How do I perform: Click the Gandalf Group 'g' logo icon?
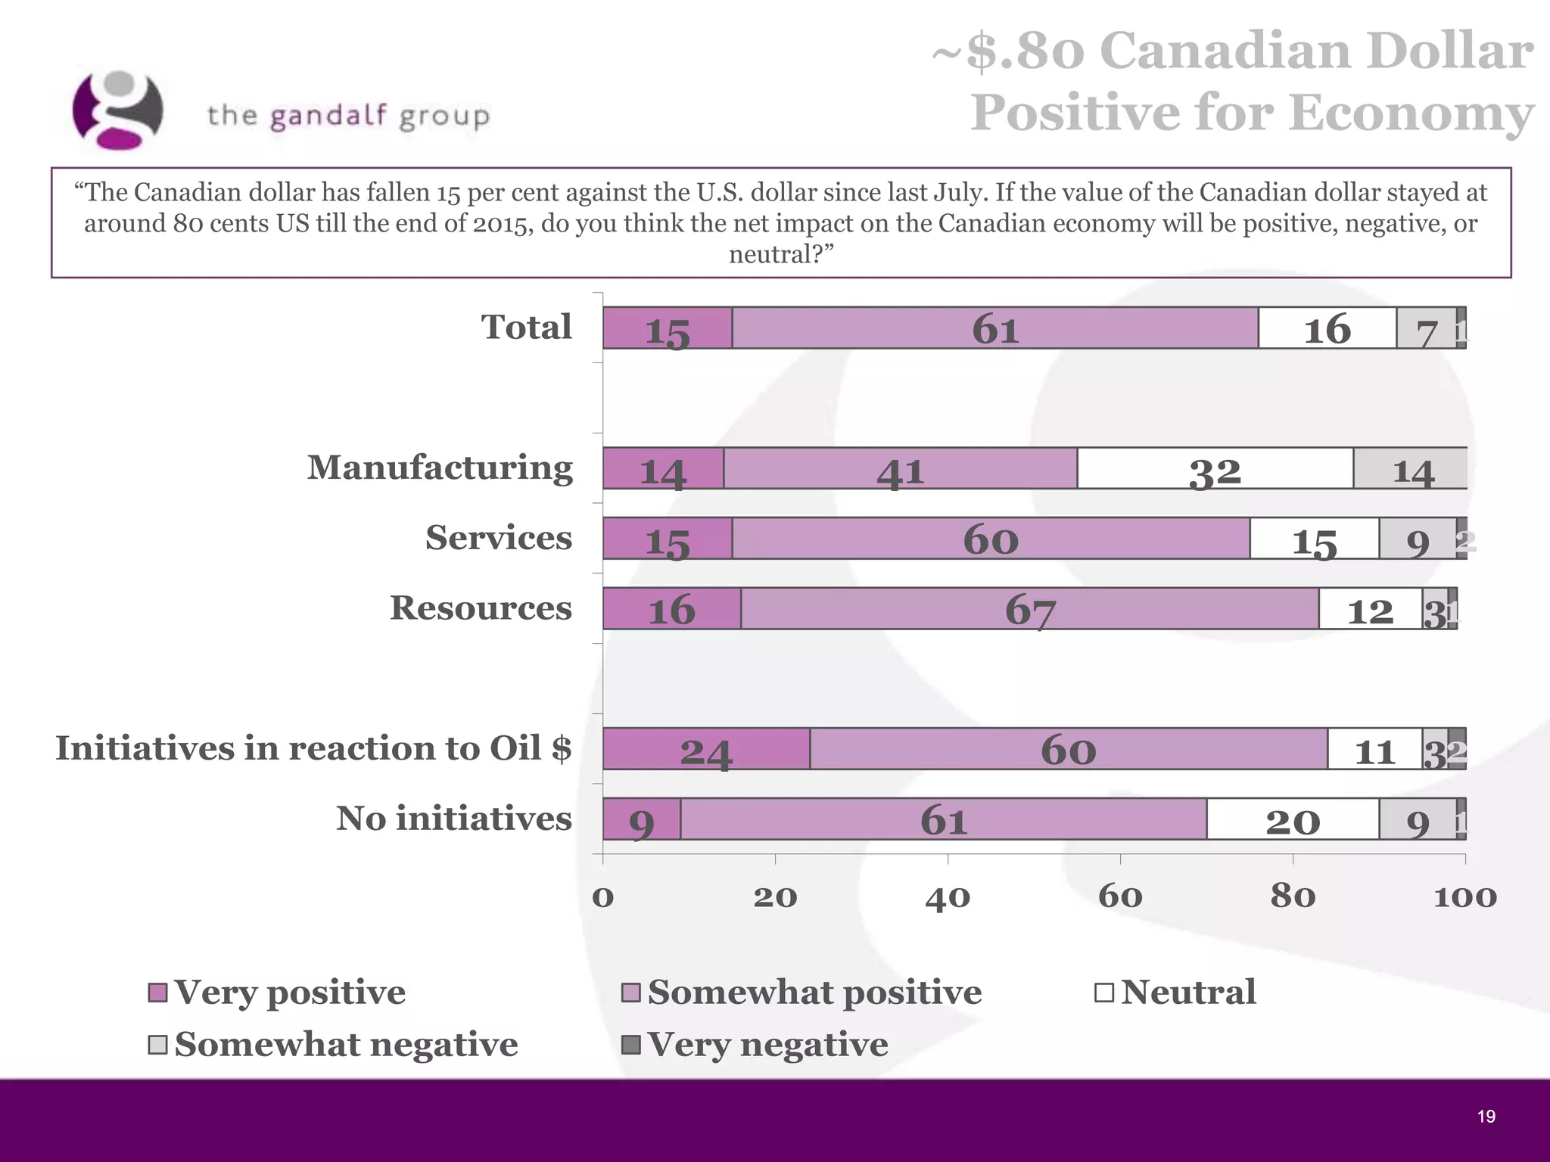tap(117, 110)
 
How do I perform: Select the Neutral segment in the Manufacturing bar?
tap(1215, 469)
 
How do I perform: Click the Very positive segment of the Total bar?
tap(667, 328)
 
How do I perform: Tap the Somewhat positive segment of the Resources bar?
tap(1029, 609)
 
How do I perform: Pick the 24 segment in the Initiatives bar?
tap(705, 749)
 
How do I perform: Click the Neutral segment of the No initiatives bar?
tap(1292, 819)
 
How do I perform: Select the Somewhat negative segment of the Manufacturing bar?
tap(1411, 469)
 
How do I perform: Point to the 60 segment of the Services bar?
tap(991, 539)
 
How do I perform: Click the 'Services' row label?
tap(499, 538)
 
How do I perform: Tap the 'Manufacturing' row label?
tap(440, 468)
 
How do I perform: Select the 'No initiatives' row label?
tap(453, 819)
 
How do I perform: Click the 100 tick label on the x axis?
tap(1465, 897)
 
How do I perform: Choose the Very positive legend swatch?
tap(157, 993)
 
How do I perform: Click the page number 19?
tap(1486, 1117)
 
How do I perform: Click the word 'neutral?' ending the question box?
tap(780, 255)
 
